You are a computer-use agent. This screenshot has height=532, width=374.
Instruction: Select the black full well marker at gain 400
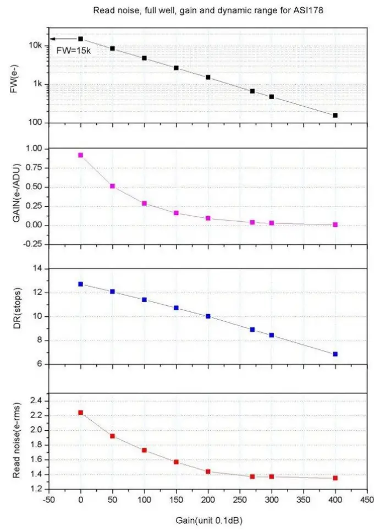pos(335,116)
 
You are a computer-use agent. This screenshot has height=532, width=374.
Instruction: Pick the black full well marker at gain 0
pos(81,39)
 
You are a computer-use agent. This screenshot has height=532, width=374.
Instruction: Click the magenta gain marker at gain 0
pos(81,155)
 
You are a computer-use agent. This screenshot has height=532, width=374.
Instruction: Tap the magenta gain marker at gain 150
pos(176,212)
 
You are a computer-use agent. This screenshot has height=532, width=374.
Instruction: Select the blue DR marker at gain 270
pos(252,330)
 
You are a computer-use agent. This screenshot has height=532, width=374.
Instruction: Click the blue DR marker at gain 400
pos(335,354)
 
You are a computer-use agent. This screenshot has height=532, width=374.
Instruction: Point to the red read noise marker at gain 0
pos(81,413)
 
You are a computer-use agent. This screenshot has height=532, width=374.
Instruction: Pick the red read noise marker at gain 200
pos(208,471)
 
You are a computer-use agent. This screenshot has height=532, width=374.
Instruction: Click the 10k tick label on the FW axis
pos(36,46)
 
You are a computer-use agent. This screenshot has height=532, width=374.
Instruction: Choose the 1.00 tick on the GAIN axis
pos(34,149)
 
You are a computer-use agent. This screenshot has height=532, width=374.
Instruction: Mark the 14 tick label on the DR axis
pos(37,268)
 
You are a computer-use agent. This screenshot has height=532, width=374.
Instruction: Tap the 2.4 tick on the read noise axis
pos(36,401)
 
